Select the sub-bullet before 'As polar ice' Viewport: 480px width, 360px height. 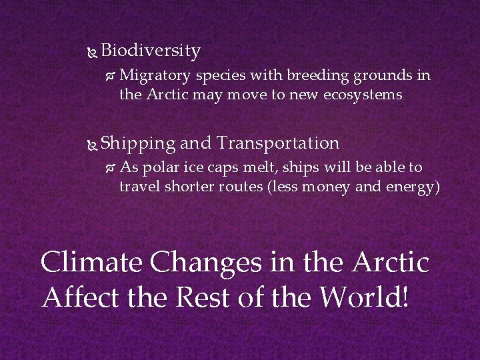tap(111, 167)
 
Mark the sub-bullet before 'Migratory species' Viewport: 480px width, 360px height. tap(111, 76)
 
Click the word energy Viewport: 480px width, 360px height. tap(409, 187)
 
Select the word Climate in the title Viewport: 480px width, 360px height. tap(92, 262)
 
